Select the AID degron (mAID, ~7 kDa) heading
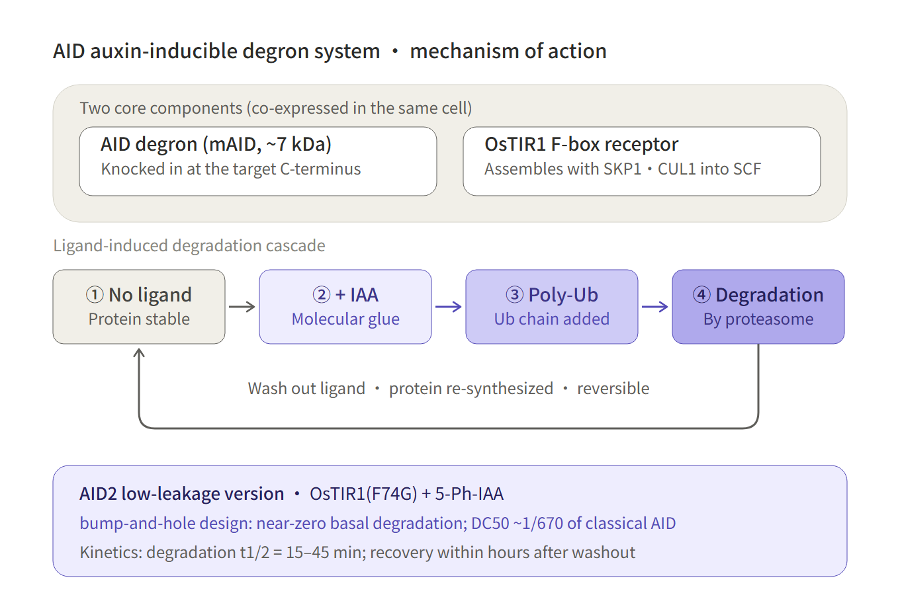click(x=216, y=144)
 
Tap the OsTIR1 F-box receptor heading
click(x=582, y=144)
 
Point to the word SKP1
click(x=622, y=169)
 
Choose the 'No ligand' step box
click(x=139, y=307)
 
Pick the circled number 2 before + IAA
click(x=322, y=295)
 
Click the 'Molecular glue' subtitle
click(x=345, y=319)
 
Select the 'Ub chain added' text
click(x=552, y=319)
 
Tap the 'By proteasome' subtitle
click(x=758, y=319)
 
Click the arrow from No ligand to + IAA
click(x=242, y=307)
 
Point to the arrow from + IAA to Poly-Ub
click(x=449, y=307)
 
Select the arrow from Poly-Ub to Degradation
click(x=655, y=307)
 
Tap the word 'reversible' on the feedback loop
click(x=613, y=389)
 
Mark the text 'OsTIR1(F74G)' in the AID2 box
click(x=363, y=494)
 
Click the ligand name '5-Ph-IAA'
click(x=469, y=494)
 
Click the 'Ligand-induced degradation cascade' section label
click(x=189, y=246)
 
